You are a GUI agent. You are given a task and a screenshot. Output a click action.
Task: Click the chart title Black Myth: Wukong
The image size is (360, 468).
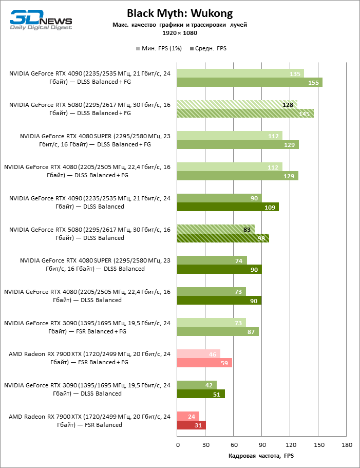tap(180, 13)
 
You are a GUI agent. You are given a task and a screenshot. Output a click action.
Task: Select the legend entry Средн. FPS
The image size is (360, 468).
tap(208, 48)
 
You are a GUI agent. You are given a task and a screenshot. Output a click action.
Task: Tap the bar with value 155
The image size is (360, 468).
tap(250, 82)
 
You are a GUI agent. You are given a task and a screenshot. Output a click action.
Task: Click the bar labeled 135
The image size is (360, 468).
tap(240, 73)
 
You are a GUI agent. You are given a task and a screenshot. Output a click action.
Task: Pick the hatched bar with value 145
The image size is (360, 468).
tap(245, 114)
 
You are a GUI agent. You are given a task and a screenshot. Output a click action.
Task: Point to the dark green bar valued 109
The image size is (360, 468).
tap(228, 207)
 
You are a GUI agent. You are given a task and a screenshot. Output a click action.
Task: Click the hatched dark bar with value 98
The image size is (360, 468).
tap(223, 238)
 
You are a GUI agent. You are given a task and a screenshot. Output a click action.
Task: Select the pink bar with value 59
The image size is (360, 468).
tap(204, 363)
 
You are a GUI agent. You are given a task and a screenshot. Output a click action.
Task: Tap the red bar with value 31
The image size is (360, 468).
tap(192, 425)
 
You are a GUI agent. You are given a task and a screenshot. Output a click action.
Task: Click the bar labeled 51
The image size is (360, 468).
tap(201, 394)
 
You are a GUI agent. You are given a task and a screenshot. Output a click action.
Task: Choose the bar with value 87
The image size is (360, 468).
tap(218, 332)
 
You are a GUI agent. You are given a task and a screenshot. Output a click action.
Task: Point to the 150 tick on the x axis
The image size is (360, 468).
tap(319, 444)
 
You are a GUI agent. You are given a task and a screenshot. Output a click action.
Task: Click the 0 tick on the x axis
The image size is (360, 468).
tap(178, 444)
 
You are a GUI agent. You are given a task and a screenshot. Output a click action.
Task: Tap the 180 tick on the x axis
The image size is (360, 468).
tap(347, 444)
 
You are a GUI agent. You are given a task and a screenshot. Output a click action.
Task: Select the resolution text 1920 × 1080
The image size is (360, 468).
tap(180, 33)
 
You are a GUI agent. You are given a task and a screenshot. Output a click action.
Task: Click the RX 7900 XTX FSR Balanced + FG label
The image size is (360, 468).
tap(89, 358)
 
